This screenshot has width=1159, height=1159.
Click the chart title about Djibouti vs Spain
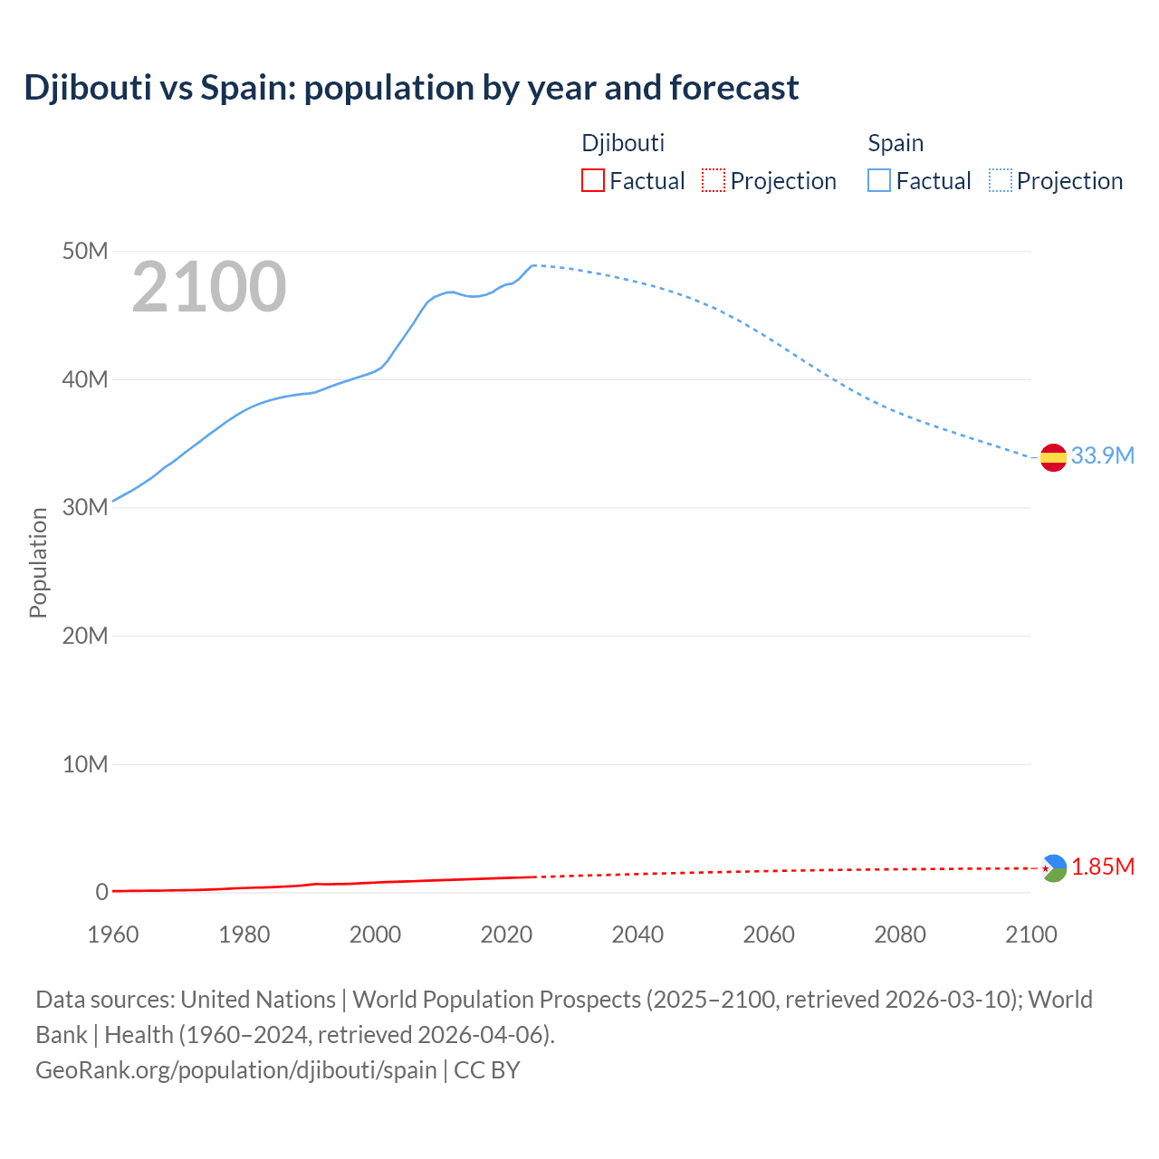[411, 88]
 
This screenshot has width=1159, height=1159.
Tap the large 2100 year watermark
[209, 287]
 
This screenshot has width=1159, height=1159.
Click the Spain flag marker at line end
[1053, 458]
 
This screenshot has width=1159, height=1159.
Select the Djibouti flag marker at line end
[1053, 868]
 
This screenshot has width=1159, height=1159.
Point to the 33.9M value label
[1102, 455]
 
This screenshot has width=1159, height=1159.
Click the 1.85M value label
[1103, 867]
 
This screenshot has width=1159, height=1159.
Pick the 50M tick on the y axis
[85, 251]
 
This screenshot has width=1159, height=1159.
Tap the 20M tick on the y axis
[85, 636]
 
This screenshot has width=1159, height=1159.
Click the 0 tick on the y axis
[101, 892]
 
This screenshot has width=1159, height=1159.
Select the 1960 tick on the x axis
[113, 934]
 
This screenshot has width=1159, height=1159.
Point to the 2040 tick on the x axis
[637, 934]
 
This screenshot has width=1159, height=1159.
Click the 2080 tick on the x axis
[900, 934]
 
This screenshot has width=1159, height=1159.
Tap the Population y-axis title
[38, 562]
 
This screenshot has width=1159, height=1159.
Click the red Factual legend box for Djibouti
[592, 181]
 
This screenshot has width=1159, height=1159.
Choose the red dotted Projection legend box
[714, 181]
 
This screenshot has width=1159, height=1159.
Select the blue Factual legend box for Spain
[878, 181]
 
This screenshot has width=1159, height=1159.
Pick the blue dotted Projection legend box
[1001, 181]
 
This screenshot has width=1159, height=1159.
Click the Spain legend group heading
[896, 143]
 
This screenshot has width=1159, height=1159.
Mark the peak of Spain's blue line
[533, 265]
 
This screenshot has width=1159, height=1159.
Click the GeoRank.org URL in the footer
[236, 1070]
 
